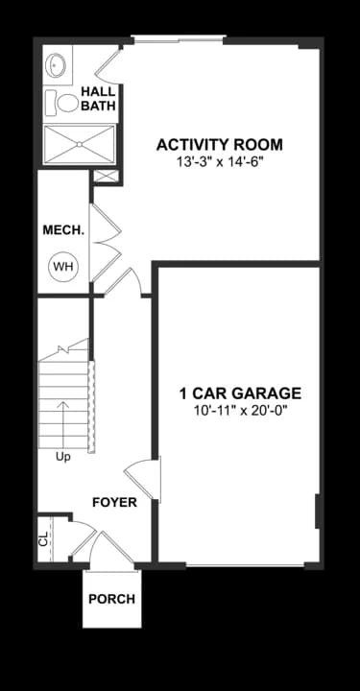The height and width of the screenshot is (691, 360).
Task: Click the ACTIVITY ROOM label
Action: [x=220, y=145]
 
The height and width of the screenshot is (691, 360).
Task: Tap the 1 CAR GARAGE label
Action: [x=240, y=393]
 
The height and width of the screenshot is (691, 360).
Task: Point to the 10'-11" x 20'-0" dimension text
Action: [x=240, y=410]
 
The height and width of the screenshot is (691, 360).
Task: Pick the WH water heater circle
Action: [x=62, y=267]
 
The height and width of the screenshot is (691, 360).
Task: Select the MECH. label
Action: [x=63, y=230]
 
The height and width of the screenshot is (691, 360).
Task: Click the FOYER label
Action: [x=114, y=503]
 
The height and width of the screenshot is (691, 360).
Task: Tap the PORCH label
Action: [x=111, y=599]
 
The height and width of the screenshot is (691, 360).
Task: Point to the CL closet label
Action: [x=43, y=538]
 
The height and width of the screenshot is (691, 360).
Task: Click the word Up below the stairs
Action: [x=63, y=457]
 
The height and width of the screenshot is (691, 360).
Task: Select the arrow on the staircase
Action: [x=63, y=420]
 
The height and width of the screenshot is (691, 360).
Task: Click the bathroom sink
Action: [x=57, y=65]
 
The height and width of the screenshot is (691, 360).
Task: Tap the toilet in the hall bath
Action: [x=68, y=101]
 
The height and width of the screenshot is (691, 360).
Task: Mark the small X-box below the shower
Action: [x=105, y=176]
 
